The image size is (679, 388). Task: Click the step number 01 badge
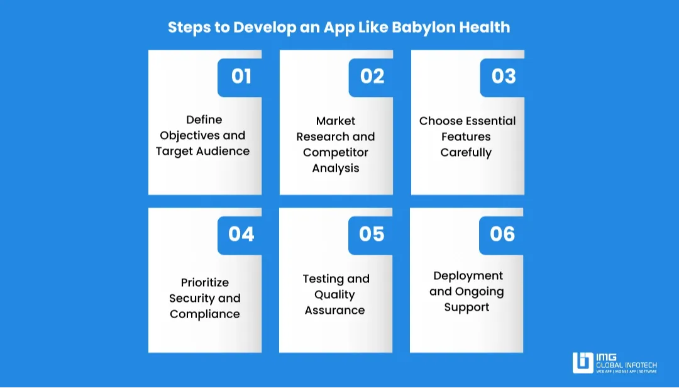click(241, 76)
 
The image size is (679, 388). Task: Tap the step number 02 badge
click(372, 76)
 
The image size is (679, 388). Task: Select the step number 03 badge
click(503, 76)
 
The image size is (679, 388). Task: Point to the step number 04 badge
click(241, 234)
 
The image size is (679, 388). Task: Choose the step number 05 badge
click(372, 234)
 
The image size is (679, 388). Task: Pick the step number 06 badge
click(502, 234)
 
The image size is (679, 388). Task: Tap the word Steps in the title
click(189, 28)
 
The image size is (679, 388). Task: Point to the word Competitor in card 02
click(336, 152)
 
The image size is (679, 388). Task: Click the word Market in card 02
click(336, 121)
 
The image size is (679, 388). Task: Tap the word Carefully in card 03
click(466, 152)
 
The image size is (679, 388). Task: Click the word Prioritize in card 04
click(205, 282)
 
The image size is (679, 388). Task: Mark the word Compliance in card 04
click(205, 314)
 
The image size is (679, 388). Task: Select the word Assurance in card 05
click(335, 310)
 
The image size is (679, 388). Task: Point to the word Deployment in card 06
click(468, 275)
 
